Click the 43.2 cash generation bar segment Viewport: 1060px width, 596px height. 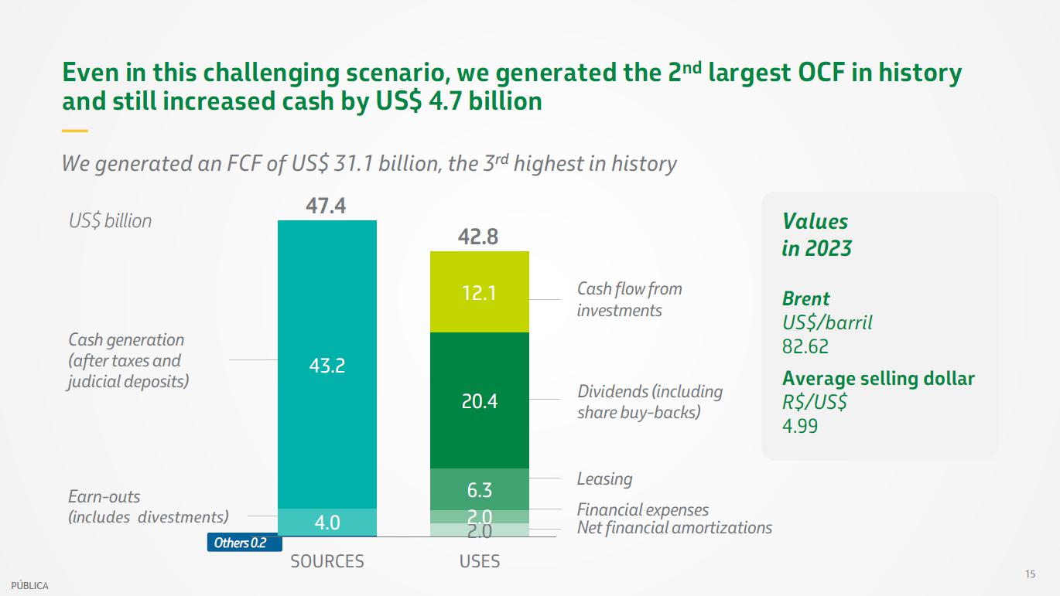[327, 364]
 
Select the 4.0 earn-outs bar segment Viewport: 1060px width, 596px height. [327, 523]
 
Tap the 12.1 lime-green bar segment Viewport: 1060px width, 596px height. [479, 292]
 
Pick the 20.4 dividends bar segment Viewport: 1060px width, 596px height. [479, 400]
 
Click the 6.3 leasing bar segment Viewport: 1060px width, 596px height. [479, 489]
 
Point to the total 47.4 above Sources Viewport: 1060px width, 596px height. [326, 206]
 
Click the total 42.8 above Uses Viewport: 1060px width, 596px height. [478, 237]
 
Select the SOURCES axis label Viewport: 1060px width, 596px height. [327, 561]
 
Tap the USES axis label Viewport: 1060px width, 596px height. [480, 561]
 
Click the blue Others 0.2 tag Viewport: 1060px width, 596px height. [238, 543]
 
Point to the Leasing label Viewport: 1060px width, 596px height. [604, 479]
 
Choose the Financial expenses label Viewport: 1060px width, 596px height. [642, 510]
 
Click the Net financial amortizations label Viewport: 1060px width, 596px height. [674, 528]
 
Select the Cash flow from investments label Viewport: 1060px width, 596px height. [629, 299]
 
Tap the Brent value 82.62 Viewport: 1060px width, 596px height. [805, 346]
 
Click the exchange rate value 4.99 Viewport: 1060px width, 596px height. [799, 425]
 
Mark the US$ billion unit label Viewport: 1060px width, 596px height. [110, 221]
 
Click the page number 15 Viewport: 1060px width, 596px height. [1030, 574]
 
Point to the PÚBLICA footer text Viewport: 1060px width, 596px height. [29, 586]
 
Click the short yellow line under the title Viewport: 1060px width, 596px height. [74, 131]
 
